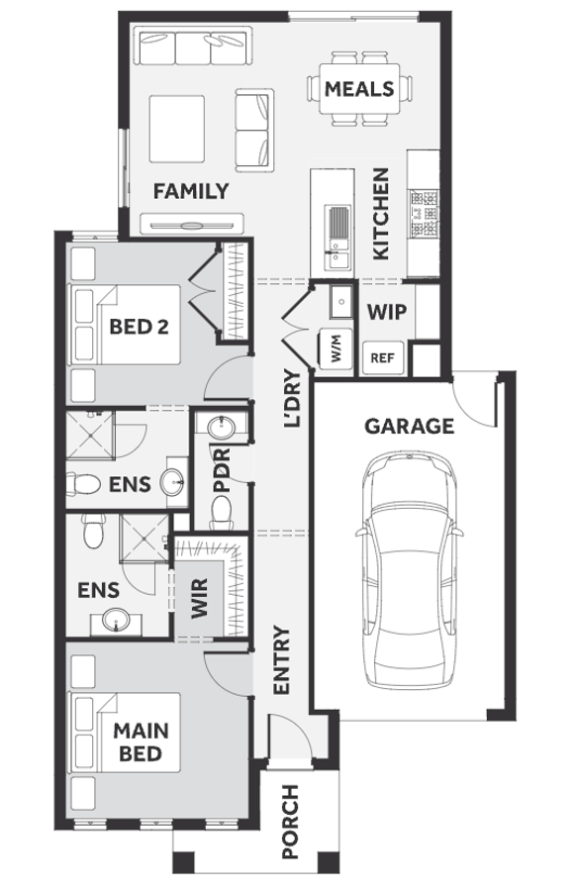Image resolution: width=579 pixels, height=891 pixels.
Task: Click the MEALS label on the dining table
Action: (359, 89)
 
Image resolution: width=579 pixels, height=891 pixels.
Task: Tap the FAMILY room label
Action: (191, 191)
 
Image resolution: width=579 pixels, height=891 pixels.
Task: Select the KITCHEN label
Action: (381, 214)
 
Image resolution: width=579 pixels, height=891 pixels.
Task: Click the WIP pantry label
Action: (387, 312)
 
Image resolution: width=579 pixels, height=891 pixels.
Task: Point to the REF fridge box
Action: (382, 358)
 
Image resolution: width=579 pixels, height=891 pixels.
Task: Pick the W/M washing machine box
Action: (335, 347)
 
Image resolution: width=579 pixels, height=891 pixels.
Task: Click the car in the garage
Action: (409, 570)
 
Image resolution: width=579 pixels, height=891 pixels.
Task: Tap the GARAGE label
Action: (409, 426)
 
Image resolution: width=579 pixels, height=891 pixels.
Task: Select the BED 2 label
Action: (140, 327)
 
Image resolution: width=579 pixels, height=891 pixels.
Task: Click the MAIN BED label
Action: (141, 742)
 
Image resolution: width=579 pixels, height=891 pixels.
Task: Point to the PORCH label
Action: (290, 822)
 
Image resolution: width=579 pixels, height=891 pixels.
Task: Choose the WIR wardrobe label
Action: (200, 598)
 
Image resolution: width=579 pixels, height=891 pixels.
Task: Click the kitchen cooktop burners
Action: (425, 213)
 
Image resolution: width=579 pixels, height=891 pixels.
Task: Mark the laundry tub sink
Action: (341, 301)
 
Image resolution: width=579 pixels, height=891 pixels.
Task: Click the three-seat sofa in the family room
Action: (193, 48)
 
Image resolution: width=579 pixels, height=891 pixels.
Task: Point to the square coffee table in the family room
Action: (177, 129)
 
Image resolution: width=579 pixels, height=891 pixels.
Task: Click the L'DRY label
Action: (293, 399)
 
